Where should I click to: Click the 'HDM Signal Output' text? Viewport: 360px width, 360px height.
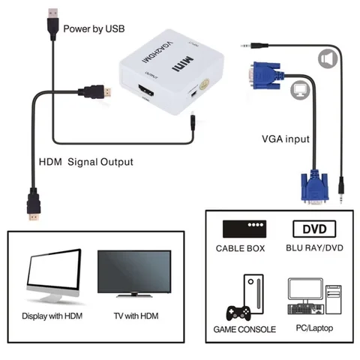click(x=85, y=161)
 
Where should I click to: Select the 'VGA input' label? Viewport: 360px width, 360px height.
click(x=285, y=139)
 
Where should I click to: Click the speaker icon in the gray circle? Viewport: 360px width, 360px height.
click(x=325, y=58)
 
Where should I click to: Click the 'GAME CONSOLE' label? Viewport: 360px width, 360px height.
click(x=245, y=329)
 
